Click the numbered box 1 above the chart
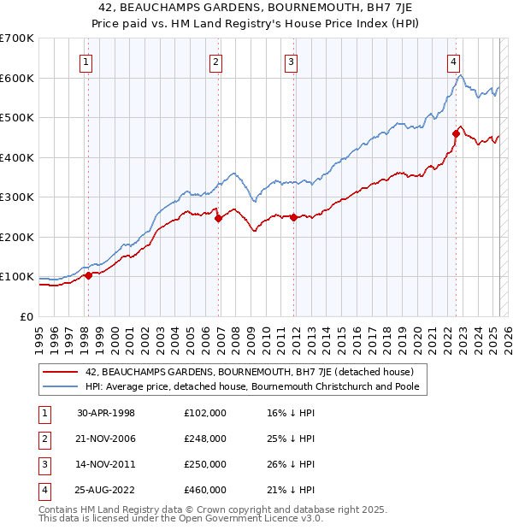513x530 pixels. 87,61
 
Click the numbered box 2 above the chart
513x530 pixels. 216,61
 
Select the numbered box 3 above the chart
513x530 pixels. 291,61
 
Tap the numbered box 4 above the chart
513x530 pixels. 453,61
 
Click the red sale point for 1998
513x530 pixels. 88,275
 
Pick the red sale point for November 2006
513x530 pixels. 219,218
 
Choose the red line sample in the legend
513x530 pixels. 61,372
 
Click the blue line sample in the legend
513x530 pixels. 61,386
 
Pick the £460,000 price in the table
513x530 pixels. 205,490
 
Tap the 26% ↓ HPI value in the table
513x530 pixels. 291,464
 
